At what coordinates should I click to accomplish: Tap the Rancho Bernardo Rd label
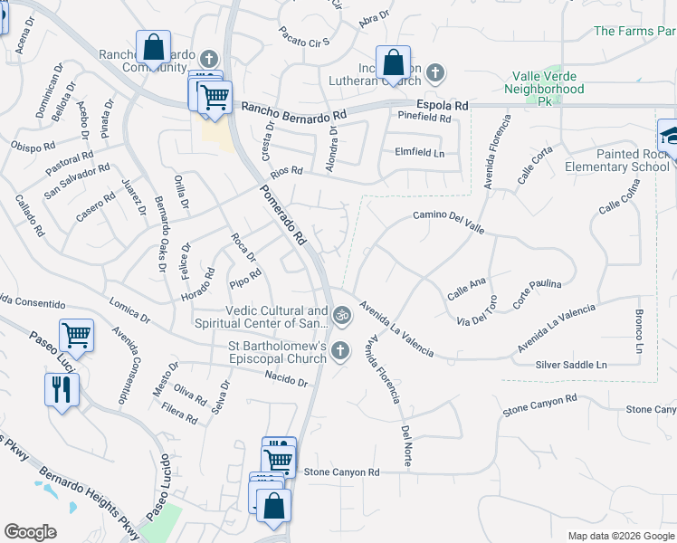(x=294, y=111)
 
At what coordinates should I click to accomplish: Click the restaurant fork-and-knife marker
(x=62, y=390)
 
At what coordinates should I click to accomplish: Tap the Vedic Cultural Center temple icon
(x=341, y=316)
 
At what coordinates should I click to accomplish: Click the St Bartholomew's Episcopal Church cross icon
(x=340, y=350)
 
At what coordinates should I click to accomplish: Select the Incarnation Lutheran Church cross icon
(x=435, y=71)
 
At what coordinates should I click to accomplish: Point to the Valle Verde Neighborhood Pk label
(x=544, y=89)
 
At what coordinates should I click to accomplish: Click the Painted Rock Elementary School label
(x=617, y=160)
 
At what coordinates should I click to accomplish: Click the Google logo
(x=30, y=532)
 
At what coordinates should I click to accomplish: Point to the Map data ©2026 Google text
(x=620, y=536)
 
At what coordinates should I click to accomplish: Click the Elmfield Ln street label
(x=420, y=152)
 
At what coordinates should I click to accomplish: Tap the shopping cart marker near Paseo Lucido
(x=78, y=336)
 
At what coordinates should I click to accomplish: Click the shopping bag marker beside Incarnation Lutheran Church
(x=393, y=63)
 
